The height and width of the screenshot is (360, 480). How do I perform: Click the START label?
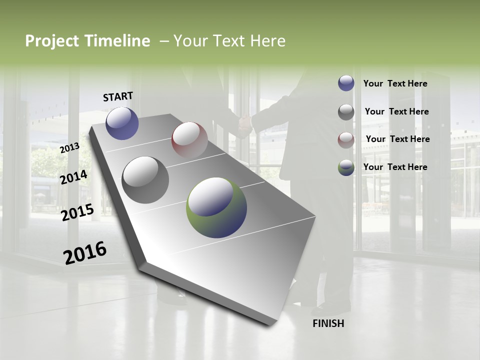point(118,96)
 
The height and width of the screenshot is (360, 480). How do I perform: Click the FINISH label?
point(328,323)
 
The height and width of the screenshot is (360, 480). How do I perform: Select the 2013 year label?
point(69,148)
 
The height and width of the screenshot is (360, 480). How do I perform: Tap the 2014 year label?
point(73,177)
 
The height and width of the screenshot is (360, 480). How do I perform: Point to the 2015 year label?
point(77,212)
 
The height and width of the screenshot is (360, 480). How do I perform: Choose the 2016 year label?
point(85,253)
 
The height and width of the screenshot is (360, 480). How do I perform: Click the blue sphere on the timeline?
point(122,123)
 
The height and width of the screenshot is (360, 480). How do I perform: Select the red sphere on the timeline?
point(189,140)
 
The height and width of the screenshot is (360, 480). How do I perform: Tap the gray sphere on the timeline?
point(145,180)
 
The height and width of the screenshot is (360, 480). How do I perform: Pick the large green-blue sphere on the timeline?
point(216,207)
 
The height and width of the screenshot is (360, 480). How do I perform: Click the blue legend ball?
point(346,83)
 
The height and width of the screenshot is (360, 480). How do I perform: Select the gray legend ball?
point(346,111)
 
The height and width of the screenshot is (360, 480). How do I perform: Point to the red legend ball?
point(346,139)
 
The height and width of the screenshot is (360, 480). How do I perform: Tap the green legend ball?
point(346,167)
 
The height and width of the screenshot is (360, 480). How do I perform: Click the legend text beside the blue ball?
point(395,83)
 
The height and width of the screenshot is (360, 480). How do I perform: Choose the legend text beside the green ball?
point(395,167)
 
